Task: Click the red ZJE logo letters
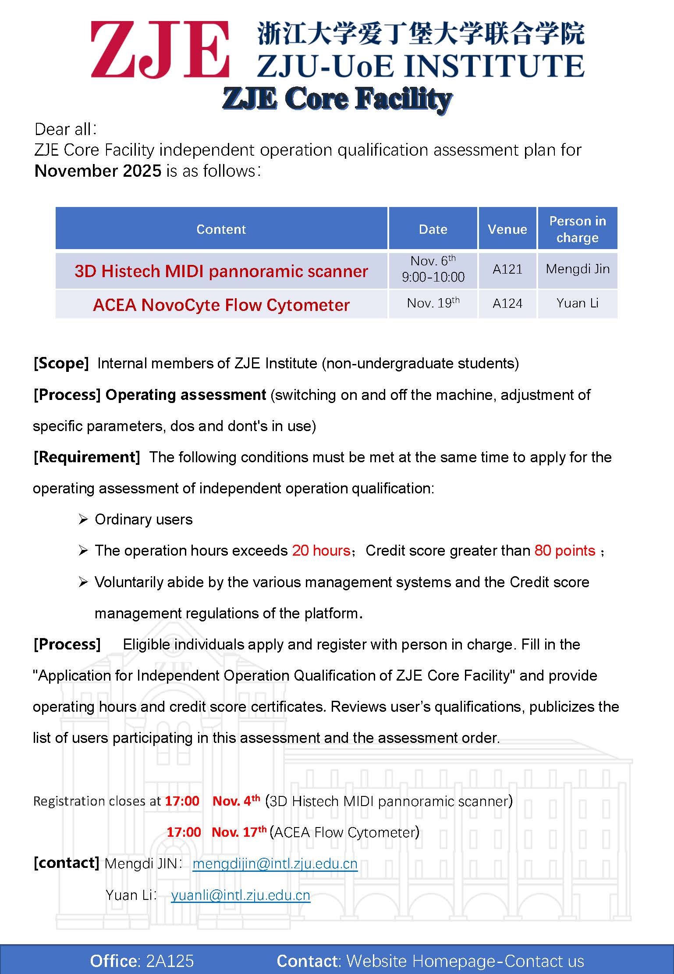click(160, 50)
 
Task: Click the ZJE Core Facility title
click(337, 98)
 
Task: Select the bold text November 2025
click(98, 171)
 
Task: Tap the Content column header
click(221, 229)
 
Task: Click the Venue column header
click(507, 229)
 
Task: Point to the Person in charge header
click(577, 229)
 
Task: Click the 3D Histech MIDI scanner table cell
click(221, 271)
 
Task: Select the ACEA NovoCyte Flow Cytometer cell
click(221, 305)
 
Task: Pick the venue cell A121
click(507, 269)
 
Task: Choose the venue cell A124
click(507, 303)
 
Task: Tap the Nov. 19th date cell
click(433, 303)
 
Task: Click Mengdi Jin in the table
click(577, 269)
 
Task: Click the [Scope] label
click(61, 363)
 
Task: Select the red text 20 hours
click(321, 550)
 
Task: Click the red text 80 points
click(564, 550)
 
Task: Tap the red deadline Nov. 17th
click(239, 832)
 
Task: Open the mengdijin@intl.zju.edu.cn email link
click(275, 863)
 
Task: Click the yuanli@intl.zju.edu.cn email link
click(241, 895)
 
